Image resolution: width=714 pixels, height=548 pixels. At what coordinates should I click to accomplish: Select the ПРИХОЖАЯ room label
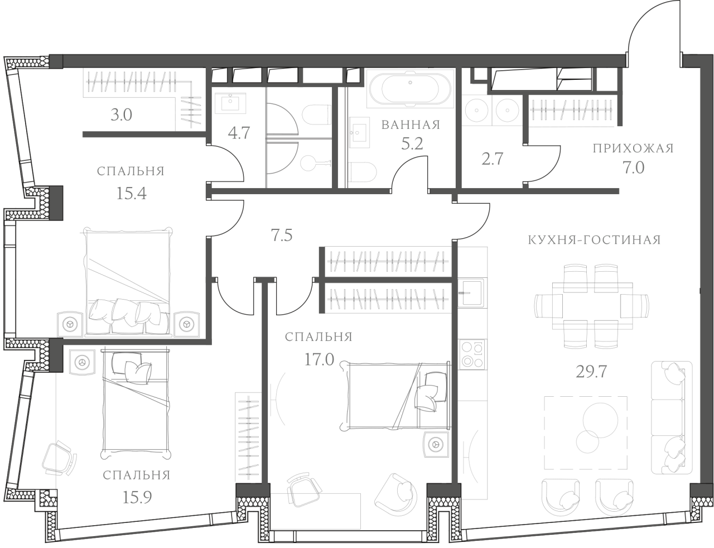click(x=633, y=148)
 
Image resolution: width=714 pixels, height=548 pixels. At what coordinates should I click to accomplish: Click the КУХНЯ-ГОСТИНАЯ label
click(x=594, y=240)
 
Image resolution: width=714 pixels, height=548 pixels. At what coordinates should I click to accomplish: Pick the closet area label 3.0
click(x=121, y=116)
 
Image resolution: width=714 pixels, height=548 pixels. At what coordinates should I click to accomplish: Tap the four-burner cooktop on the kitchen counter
click(x=471, y=354)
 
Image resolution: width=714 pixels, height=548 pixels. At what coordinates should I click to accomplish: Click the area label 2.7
click(x=492, y=159)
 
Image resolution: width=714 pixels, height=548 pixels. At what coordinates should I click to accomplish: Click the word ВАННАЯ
click(x=411, y=124)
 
